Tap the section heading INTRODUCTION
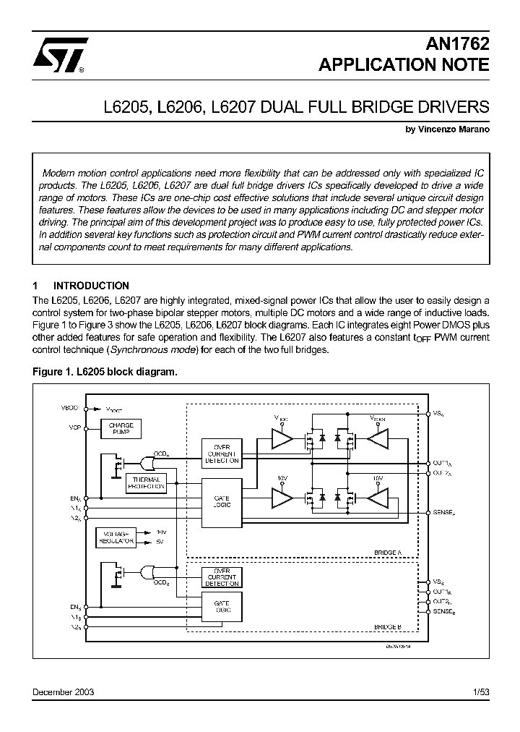tap(91, 286)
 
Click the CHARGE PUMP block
tap(121, 429)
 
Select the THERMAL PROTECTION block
tap(146, 483)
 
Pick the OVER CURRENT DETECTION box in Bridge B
tap(222, 577)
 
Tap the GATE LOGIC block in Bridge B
tap(222, 607)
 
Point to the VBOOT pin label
tap(70, 409)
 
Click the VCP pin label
tap(74, 427)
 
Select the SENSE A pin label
tap(444, 512)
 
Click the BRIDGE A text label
tap(388, 552)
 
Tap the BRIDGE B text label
tap(388, 627)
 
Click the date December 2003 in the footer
tap(64, 692)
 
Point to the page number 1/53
tap(480, 692)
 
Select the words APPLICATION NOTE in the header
tap(404, 65)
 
